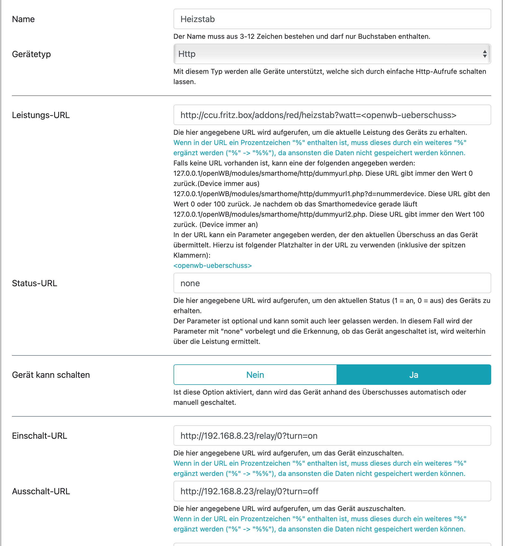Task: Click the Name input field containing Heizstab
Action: click(332, 19)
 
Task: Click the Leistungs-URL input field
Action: click(332, 115)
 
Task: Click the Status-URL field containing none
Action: click(332, 283)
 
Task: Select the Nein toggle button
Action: click(255, 375)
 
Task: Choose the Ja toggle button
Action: click(413, 375)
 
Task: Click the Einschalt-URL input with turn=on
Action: click(332, 436)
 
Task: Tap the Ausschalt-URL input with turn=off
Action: click(332, 491)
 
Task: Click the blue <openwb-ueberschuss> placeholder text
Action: click(212, 265)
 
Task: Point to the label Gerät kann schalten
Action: click(51, 375)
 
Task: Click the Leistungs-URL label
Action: click(41, 115)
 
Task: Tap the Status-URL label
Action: click(34, 283)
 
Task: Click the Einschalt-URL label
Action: click(39, 436)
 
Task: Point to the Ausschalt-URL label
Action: click(41, 491)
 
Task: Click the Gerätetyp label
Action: click(31, 54)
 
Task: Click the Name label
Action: click(23, 19)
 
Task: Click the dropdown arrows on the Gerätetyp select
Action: click(484, 54)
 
